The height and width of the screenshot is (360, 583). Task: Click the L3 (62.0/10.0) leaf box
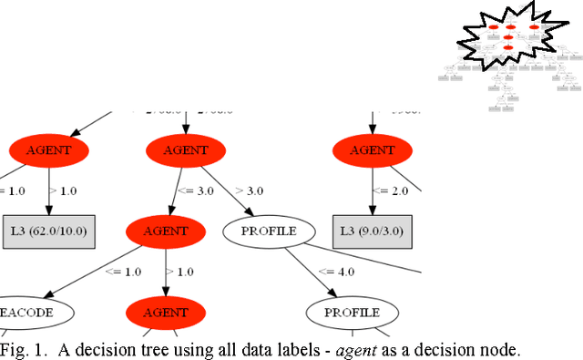point(48,231)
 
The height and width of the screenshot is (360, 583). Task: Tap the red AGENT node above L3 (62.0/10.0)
point(48,150)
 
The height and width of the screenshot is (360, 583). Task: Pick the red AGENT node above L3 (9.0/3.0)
point(373,150)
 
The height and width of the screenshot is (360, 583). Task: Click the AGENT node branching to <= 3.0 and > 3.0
point(186,150)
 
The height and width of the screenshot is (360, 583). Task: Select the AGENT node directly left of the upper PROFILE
point(165,231)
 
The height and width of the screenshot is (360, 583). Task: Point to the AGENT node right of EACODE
point(165,312)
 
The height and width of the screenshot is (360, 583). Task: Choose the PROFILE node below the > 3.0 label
point(269,231)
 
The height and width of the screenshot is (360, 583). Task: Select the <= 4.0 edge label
point(337,271)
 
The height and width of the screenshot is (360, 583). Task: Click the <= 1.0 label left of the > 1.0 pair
point(124,271)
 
